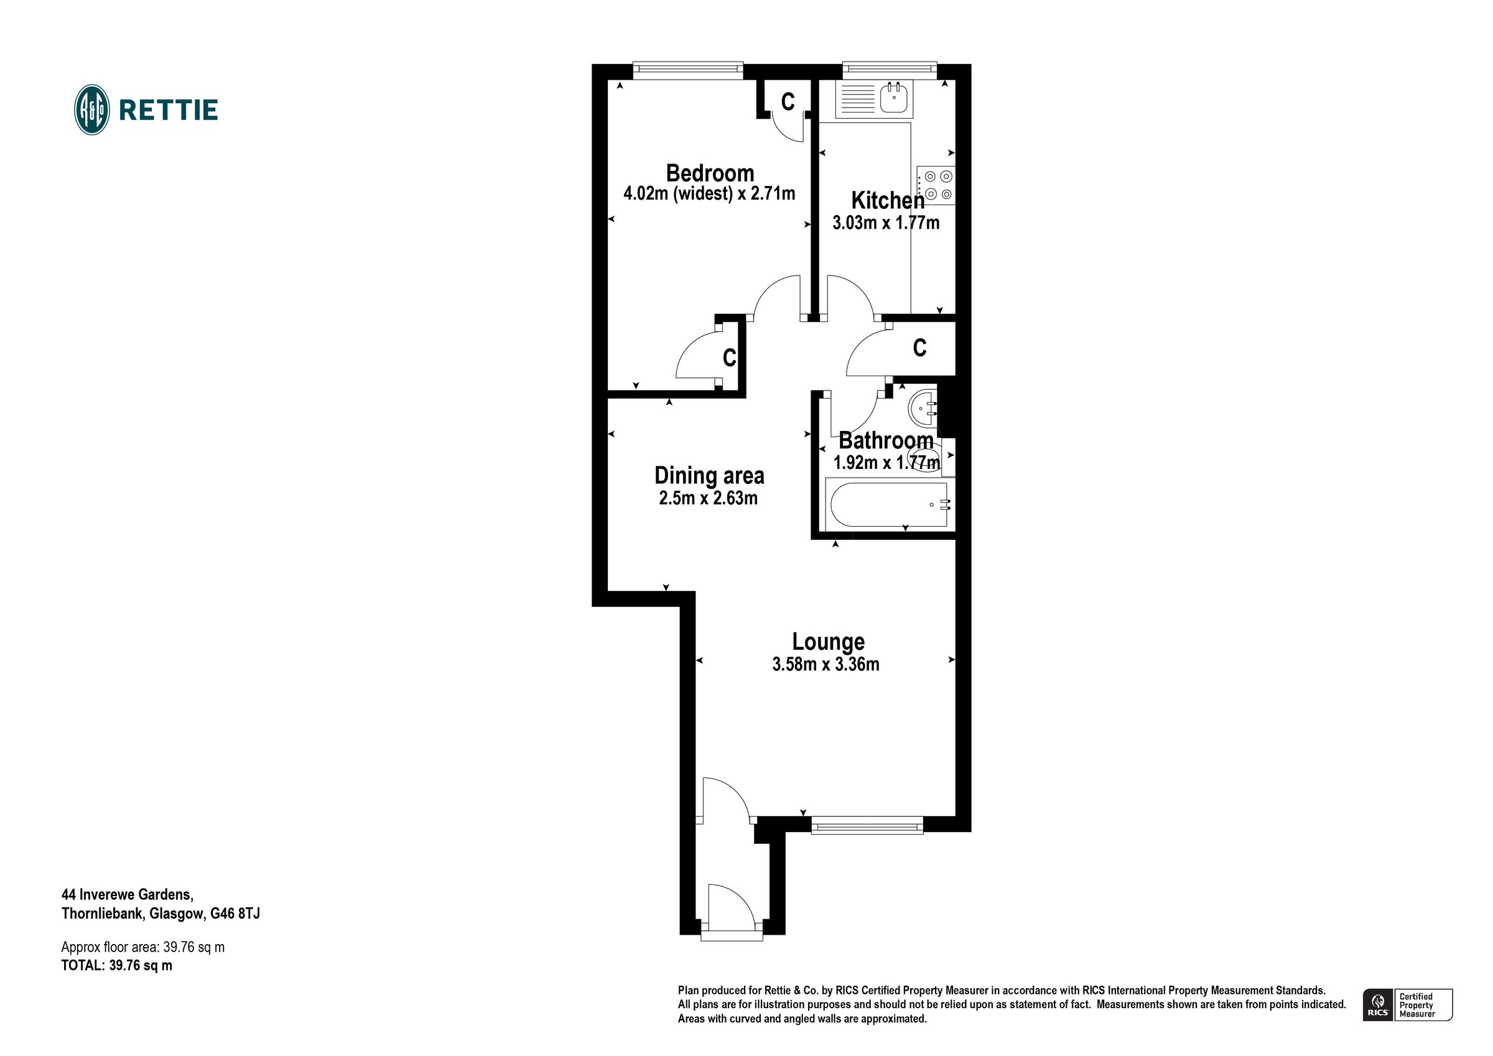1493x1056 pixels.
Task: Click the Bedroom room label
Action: pos(709,174)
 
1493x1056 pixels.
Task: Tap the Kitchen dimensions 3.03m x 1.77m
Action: pos(886,223)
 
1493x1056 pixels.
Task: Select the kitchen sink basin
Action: pos(895,99)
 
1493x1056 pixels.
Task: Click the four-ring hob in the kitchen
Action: pos(936,185)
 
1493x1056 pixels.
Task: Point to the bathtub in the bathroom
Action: pos(889,504)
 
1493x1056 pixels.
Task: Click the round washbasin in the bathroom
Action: pos(922,408)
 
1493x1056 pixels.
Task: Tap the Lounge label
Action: pos(828,642)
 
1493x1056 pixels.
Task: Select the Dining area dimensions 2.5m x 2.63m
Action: pos(708,499)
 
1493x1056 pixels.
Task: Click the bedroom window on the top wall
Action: pos(688,69)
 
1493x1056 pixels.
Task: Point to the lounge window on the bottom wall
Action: pos(867,827)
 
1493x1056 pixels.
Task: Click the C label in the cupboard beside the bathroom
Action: pos(919,348)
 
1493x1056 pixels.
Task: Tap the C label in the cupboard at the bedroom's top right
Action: pos(788,102)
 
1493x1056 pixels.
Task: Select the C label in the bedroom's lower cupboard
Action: pos(730,358)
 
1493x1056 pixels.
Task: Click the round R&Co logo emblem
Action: pos(91,110)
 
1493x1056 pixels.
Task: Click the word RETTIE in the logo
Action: pos(169,111)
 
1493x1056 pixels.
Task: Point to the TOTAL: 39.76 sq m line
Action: pos(117,966)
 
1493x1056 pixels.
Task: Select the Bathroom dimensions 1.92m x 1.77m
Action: pos(886,463)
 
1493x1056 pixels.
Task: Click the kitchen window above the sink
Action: pos(890,69)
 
